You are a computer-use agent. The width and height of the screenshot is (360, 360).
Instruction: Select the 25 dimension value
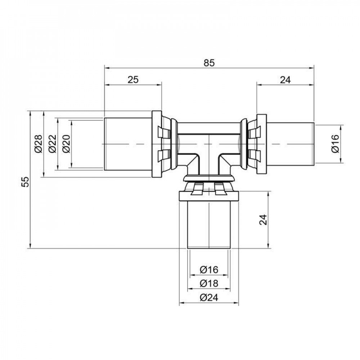(133, 80)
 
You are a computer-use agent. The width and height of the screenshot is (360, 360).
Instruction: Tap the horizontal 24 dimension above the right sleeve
(285, 80)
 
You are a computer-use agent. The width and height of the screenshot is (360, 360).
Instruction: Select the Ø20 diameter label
(67, 144)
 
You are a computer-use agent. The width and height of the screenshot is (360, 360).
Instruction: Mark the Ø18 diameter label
(208, 283)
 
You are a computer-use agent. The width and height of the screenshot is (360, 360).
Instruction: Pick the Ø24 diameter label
(208, 298)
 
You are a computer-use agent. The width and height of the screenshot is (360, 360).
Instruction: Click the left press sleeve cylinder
(128, 144)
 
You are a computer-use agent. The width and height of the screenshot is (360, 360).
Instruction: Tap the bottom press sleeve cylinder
(209, 225)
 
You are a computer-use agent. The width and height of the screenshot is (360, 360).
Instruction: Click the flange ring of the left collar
(156, 144)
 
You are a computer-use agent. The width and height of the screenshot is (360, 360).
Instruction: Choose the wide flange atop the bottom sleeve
(209, 197)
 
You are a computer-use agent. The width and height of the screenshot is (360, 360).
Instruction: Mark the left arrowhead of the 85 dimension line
(106, 67)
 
